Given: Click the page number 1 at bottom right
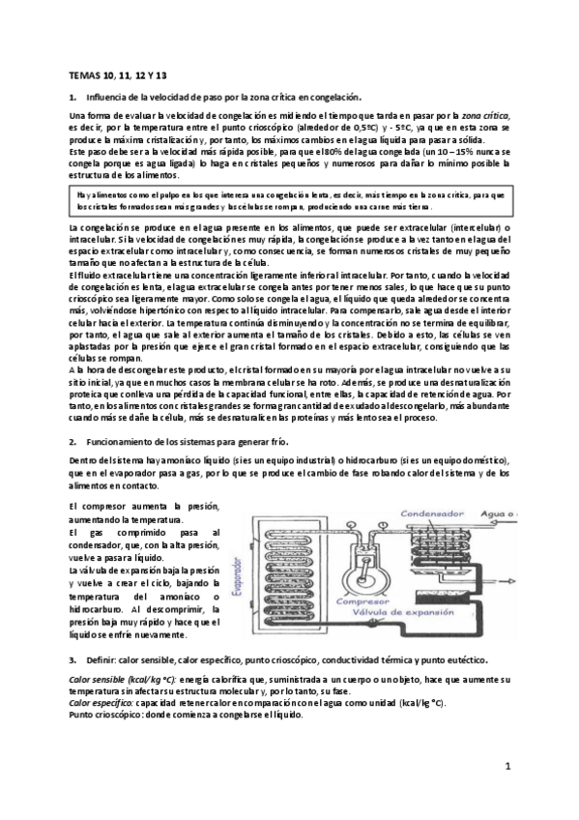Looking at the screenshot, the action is pyautogui.click(x=507, y=767).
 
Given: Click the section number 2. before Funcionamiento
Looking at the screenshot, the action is pyautogui.click(x=73, y=440).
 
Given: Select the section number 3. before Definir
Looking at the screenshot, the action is pyautogui.click(x=73, y=659).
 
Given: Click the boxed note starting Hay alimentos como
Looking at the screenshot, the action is pyautogui.click(x=290, y=201).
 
